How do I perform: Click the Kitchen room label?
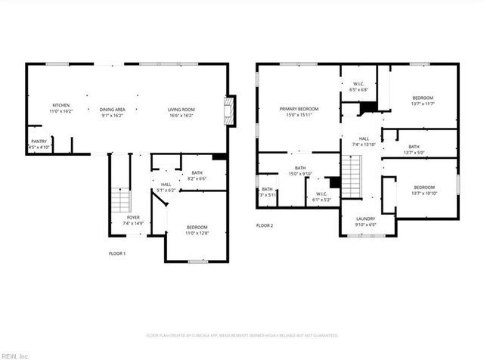click(x=61, y=105)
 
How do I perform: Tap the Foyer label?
click(x=133, y=218)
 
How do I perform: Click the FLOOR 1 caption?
click(x=117, y=253)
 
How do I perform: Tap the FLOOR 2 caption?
click(x=264, y=225)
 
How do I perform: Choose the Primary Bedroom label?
click(x=299, y=110)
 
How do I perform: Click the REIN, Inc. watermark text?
click(x=14, y=355)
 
